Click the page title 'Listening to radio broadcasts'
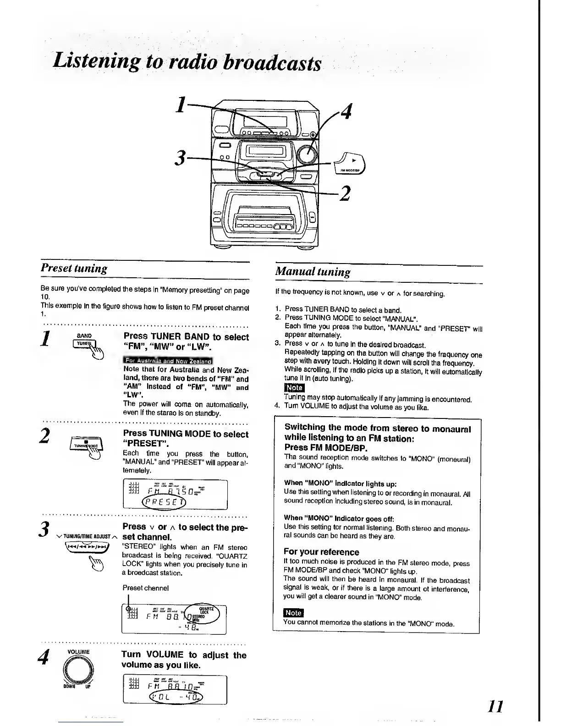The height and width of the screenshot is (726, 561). tap(187, 62)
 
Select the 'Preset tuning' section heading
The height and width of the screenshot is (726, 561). tap(74, 268)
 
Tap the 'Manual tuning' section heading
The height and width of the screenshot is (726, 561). tap(313, 271)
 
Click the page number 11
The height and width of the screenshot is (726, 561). tap(495, 706)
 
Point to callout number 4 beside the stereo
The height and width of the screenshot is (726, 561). tap(346, 111)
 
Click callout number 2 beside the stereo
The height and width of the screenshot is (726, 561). tap(345, 193)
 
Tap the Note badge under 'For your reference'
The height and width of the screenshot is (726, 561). tap(293, 613)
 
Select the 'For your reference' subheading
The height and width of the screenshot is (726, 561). tap(321, 552)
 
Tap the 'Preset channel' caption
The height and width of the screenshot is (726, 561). tap(145, 588)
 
